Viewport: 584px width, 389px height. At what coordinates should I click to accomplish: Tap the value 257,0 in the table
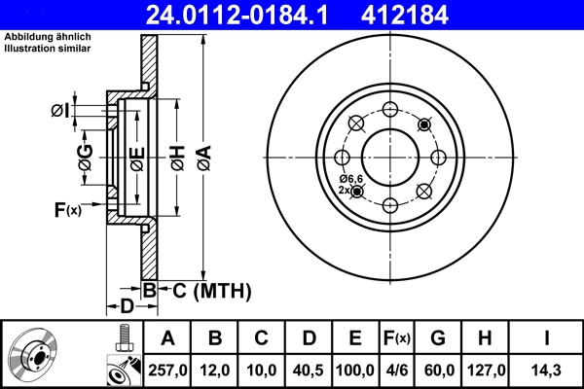[166, 371]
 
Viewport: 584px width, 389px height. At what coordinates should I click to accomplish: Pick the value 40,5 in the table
[309, 371]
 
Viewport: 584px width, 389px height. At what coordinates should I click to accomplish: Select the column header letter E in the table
[355, 338]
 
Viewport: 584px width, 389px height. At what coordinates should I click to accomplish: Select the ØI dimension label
[60, 111]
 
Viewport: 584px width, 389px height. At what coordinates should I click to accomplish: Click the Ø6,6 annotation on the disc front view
[350, 179]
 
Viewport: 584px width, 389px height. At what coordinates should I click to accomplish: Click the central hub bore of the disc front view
[390, 156]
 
